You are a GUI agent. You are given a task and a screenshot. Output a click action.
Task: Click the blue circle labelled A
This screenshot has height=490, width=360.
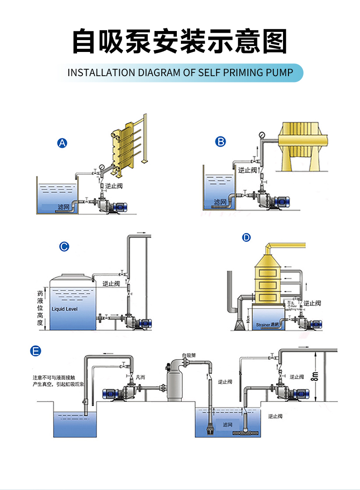pyautogui.click(x=62, y=143)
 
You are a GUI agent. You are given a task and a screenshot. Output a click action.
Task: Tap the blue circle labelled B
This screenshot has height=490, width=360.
pyautogui.click(x=221, y=142)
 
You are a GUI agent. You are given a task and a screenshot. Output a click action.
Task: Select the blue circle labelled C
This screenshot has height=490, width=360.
pyautogui.click(x=64, y=247)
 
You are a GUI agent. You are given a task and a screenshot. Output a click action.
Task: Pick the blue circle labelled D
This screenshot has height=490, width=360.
pyautogui.click(x=247, y=237)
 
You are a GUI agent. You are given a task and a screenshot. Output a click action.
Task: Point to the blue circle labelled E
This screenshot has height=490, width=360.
pyautogui.click(x=35, y=351)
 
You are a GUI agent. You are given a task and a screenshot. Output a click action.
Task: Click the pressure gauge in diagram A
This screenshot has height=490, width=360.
pyautogui.click(x=101, y=167)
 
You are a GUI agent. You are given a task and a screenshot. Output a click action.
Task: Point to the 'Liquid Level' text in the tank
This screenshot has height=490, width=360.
pyautogui.click(x=65, y=309)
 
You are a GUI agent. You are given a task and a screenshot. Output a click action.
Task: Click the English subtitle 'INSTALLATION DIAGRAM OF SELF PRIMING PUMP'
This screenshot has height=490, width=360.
pyautogui.click(x=180, y=72)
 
